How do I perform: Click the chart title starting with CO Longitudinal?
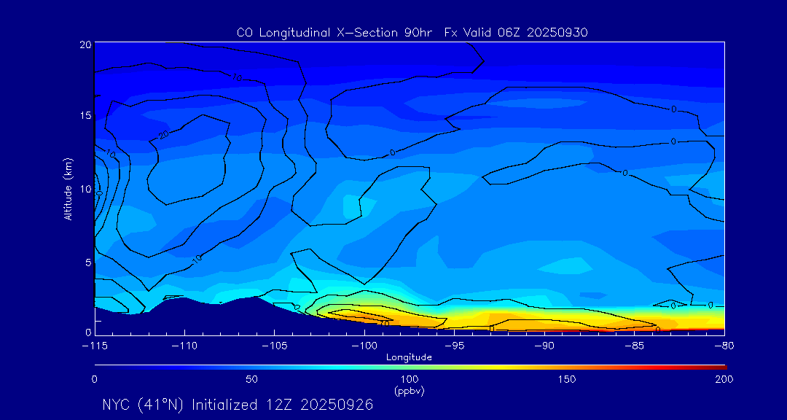click(412, 32)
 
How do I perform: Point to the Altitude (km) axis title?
click(68, 188)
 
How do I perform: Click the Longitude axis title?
click(409, 357)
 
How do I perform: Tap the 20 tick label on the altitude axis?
click(85, 44)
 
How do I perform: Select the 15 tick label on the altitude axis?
click(85, 116)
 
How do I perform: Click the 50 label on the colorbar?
click(251, 379)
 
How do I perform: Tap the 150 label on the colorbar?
click(566, 379)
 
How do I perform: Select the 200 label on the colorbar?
click(724, 379)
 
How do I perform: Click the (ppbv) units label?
click(409, 391)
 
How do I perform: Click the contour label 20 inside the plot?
click(163, 135)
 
